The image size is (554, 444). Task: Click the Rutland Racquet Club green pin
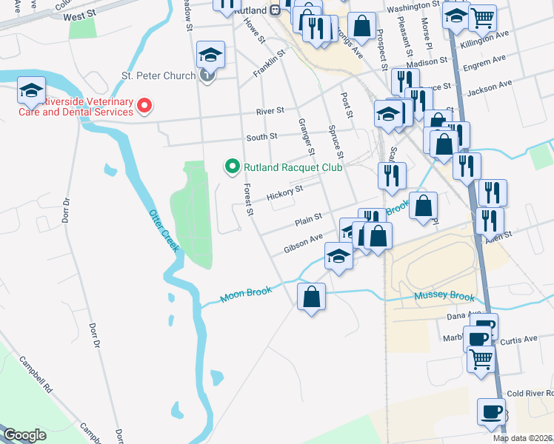coord(232,167)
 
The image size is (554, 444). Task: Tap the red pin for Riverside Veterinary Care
coord(144,107)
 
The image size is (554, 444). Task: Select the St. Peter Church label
coord(158,75)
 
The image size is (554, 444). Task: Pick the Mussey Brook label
coord(444,297)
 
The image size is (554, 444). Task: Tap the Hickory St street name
coord(285,192)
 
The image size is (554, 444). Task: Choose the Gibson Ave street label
coord(303,243)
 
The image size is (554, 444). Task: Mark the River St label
coord(270,111)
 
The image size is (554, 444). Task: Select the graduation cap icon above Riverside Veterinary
coord(32,90)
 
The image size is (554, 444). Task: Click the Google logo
coord(25,435)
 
